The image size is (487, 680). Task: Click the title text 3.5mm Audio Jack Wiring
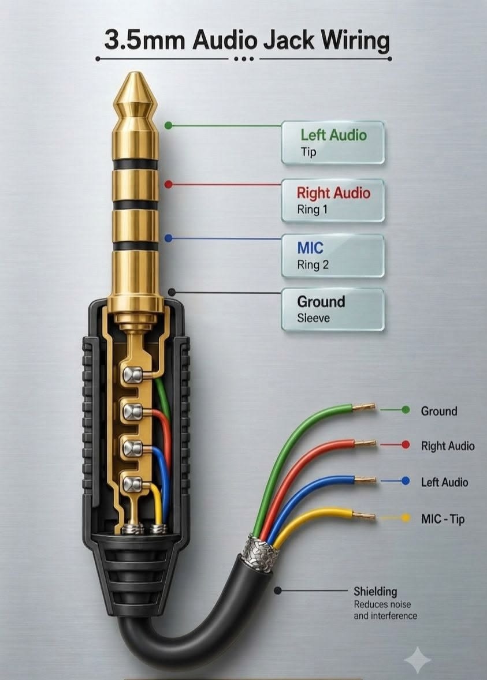[x=247, y=40]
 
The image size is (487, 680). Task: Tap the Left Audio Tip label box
[x=333, y=143]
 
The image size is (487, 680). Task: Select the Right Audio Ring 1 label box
[x=333, y=200]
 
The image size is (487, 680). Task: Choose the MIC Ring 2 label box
[x=333, y=256]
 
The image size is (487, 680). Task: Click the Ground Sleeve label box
[x=333, y=309]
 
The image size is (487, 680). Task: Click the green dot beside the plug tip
[x=169, y=126]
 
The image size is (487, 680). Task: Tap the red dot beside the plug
[x=169, y=185]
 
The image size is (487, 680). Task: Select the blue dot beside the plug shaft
[x=169, y=238]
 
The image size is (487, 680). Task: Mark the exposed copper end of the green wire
[x=364, y=407]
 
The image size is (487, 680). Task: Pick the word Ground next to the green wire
[x=439, y=410]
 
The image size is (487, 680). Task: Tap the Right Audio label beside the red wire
[x=448, y=446]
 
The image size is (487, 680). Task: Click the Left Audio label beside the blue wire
[x=444, y=482]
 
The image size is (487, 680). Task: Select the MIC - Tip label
[x=443, y=519]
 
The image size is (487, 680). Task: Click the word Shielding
[x=375, y=591]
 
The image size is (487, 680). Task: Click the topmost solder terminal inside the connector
[x=132, y=375]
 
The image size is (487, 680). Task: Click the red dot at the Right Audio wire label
[x=406, y=445]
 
